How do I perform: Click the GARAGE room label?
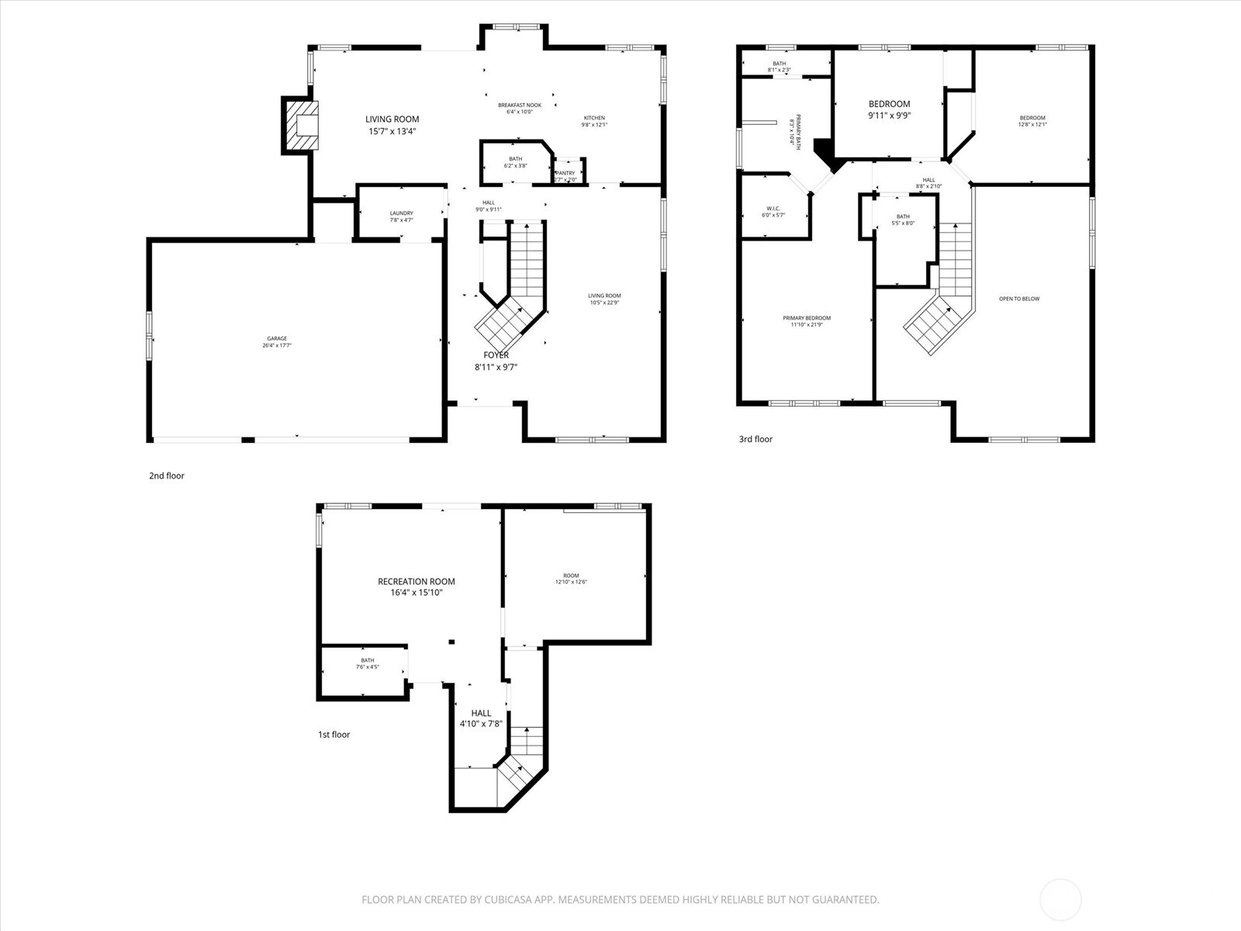click(277, 338)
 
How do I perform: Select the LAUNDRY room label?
click(401, 213)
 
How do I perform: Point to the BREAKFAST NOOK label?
click(519, 105)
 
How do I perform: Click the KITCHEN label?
click(594, 118)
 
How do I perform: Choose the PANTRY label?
click(565, 173)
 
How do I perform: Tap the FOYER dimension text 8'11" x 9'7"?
click(496, 368)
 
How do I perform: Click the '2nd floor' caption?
click(167, 476)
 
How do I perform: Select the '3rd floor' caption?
click(755, 439)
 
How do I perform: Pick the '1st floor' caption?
click(334, 734)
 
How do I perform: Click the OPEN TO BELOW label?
click(1019, 299)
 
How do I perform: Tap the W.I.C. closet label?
click(773, 208)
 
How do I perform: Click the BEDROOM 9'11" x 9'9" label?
click(889, 104)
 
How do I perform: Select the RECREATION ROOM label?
click(417, 581)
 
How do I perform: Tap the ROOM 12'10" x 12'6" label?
click(571, 576)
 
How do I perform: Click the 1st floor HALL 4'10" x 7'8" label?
click(481, 713)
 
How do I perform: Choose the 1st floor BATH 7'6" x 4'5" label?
click(367, 660)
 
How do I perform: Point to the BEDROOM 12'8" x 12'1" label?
click(1032, 118)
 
